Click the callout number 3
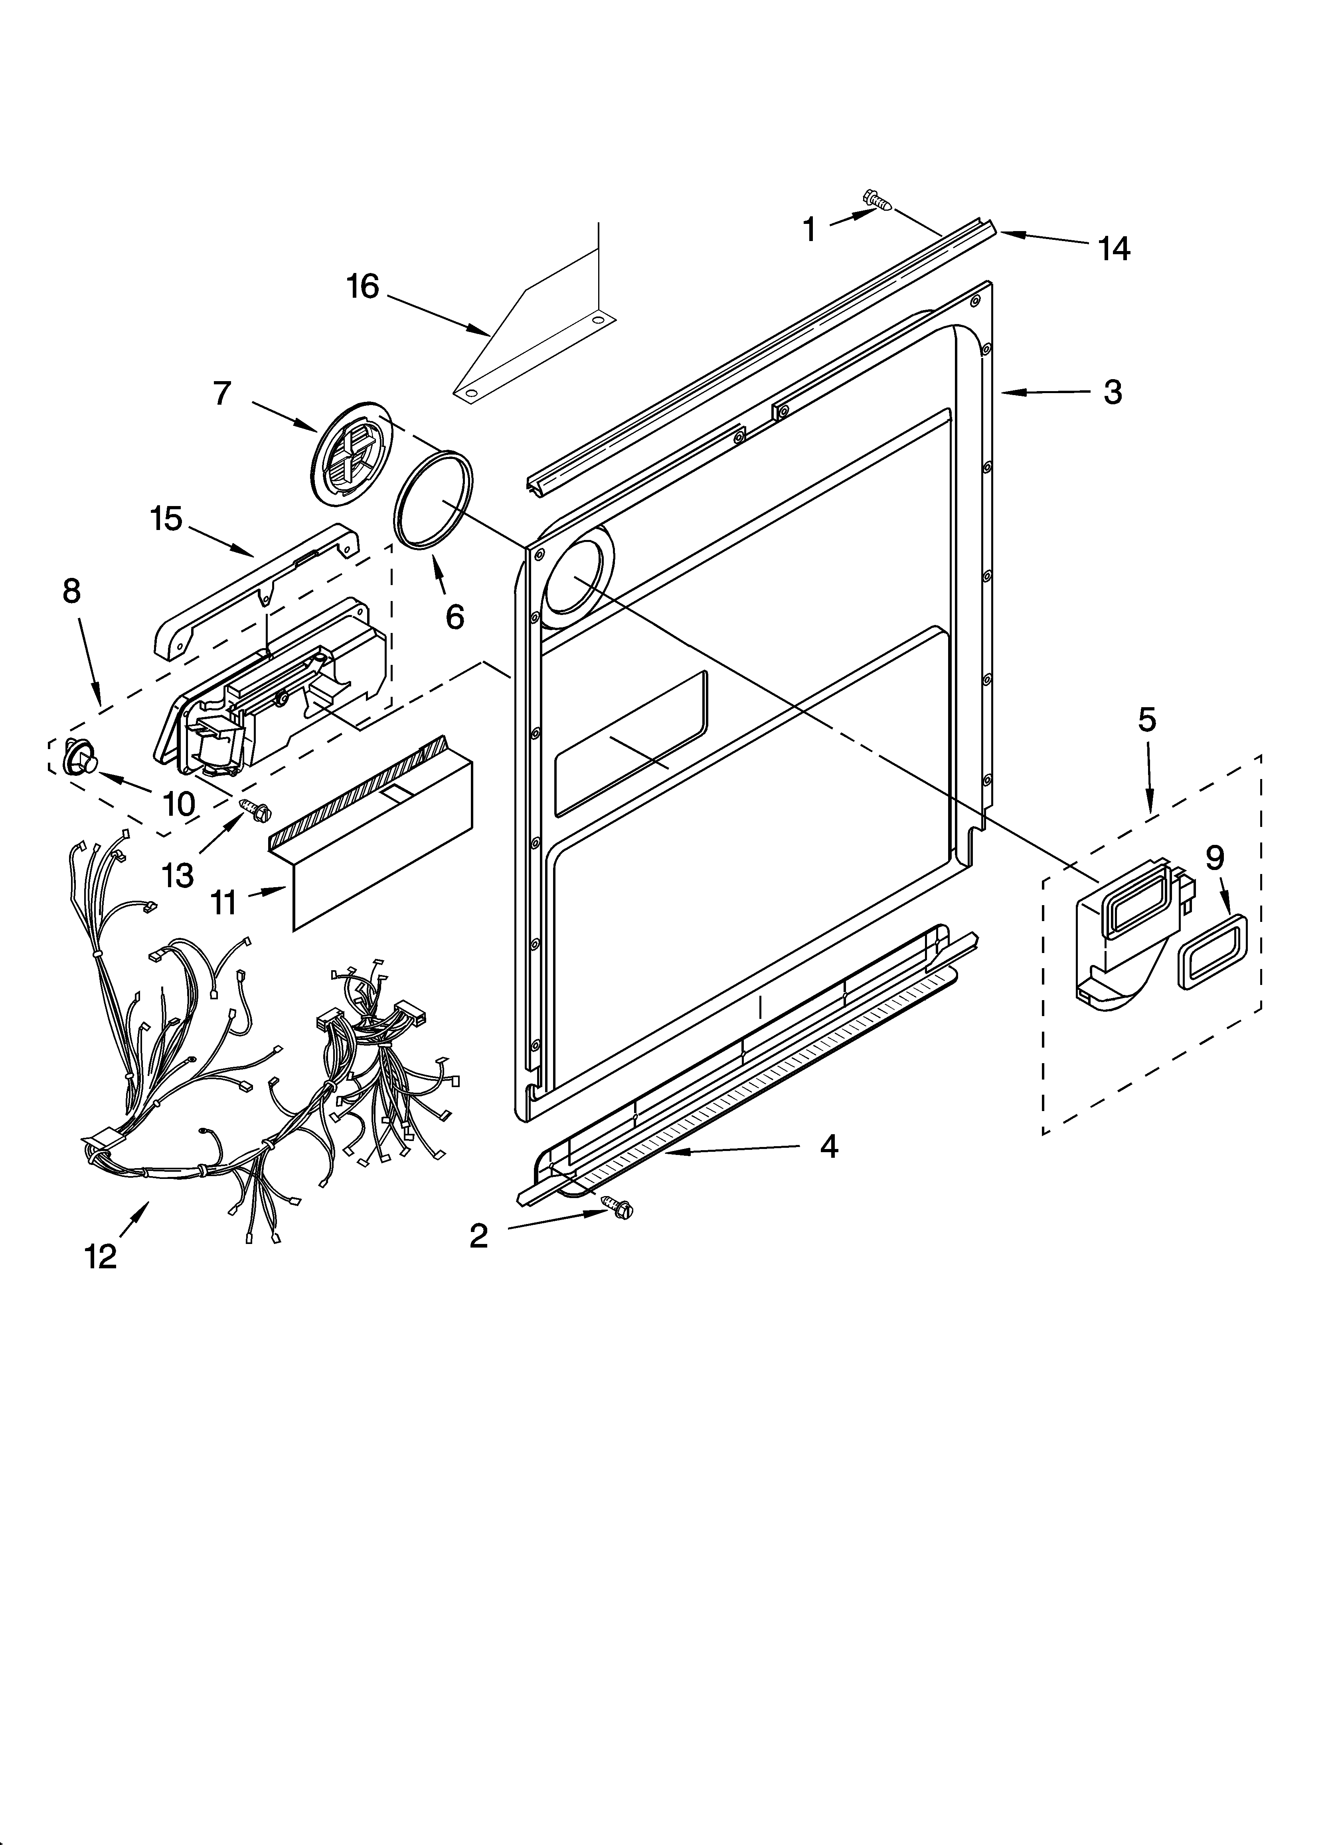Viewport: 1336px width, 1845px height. (1112, 392)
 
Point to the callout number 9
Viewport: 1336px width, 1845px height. (1214, 857)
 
